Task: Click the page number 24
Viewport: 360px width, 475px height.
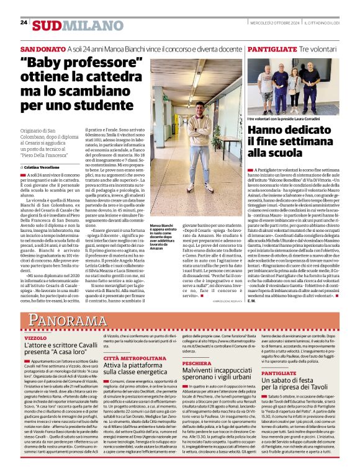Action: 24,23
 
